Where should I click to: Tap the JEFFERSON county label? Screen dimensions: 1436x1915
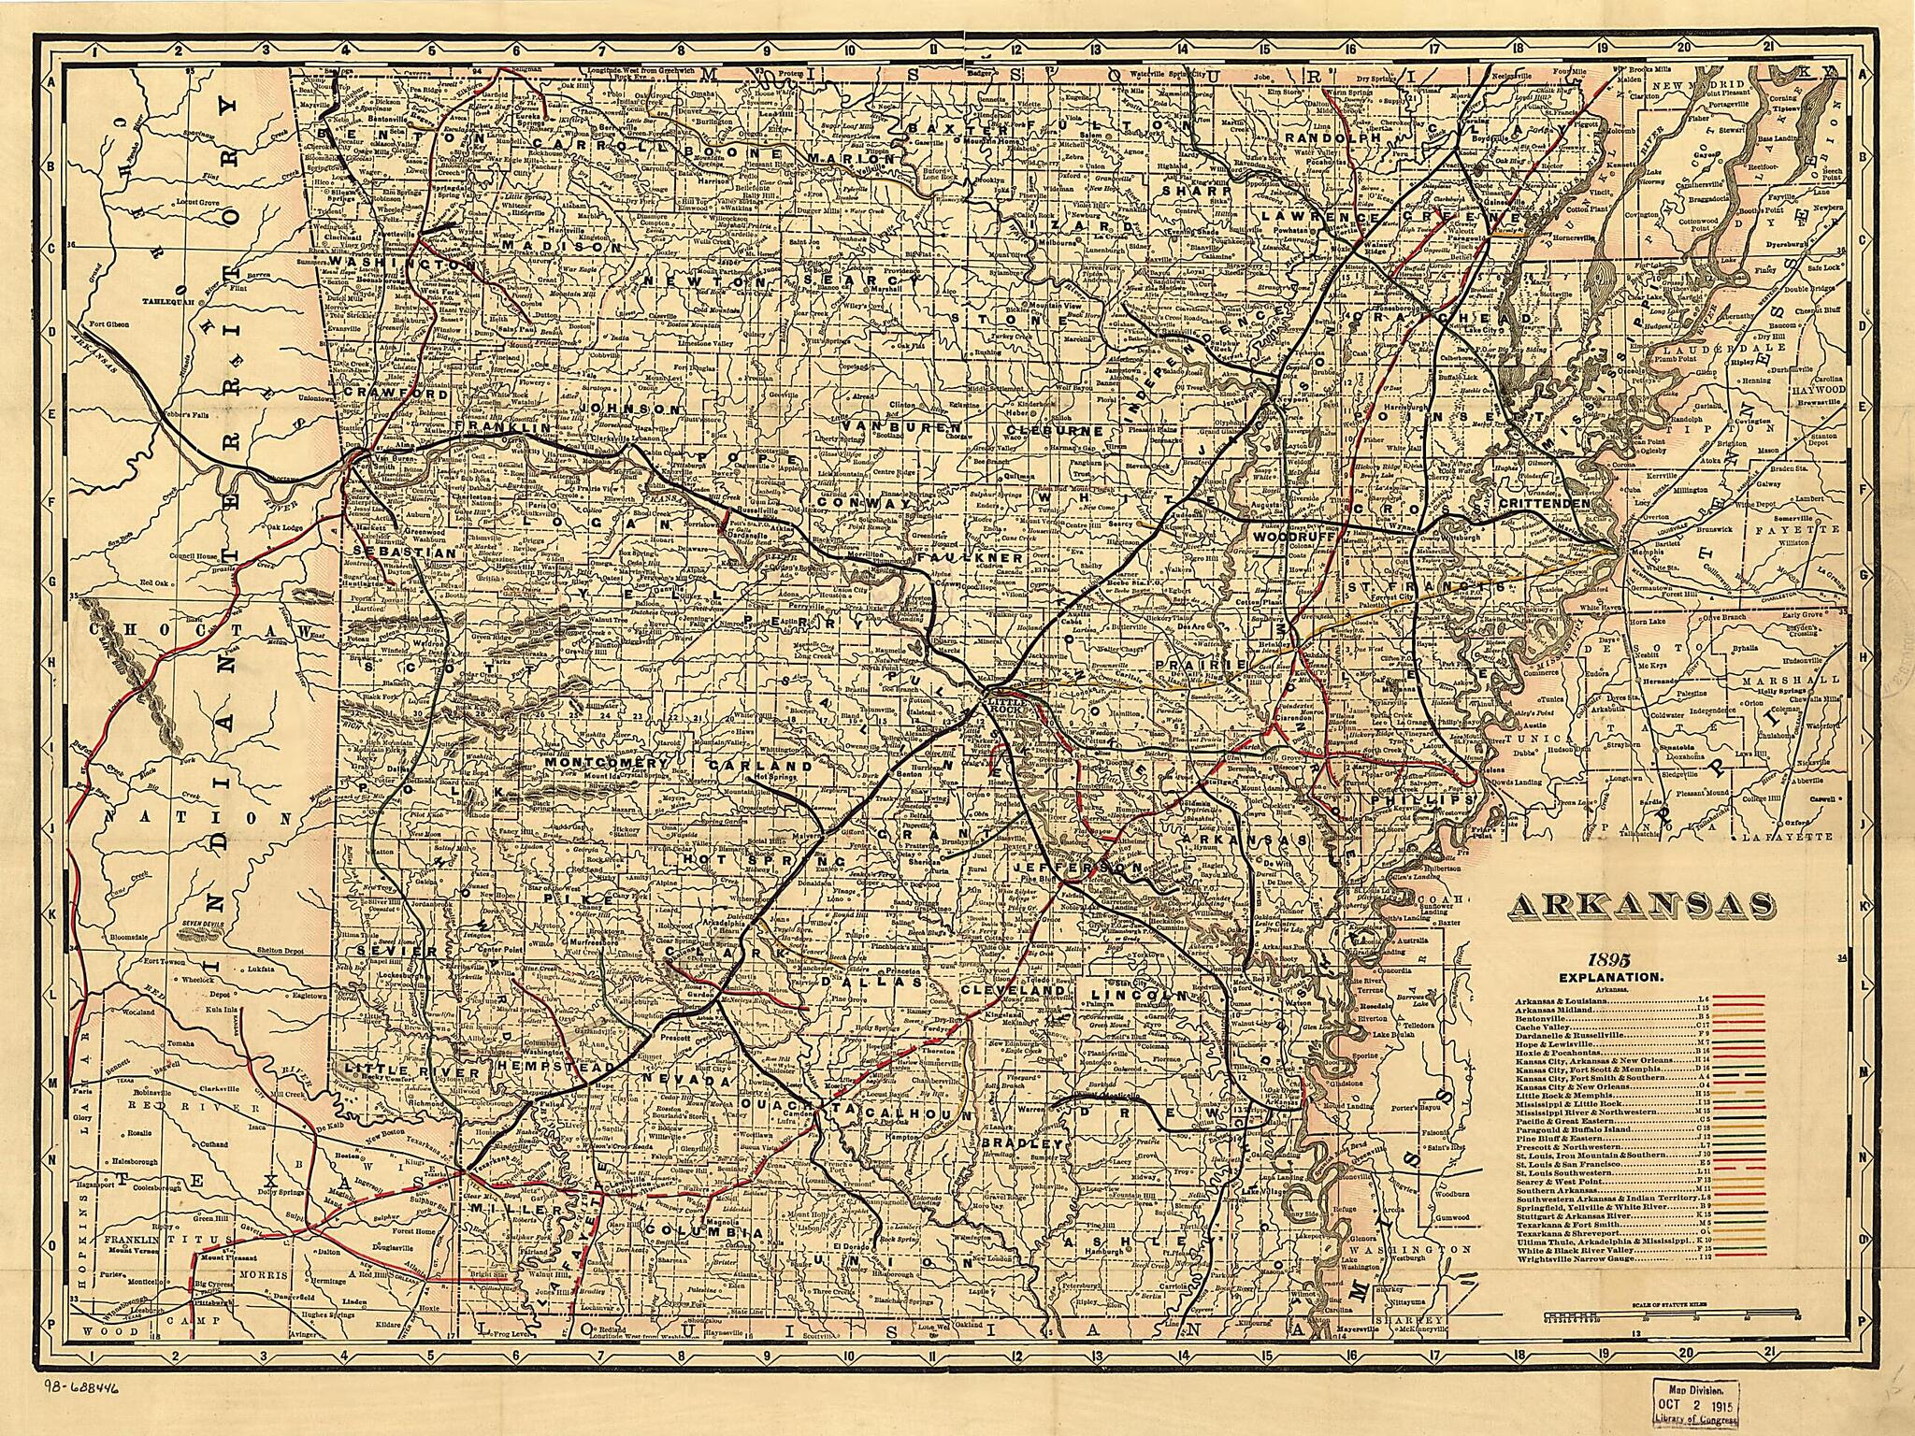click(x=1075, y=869)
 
